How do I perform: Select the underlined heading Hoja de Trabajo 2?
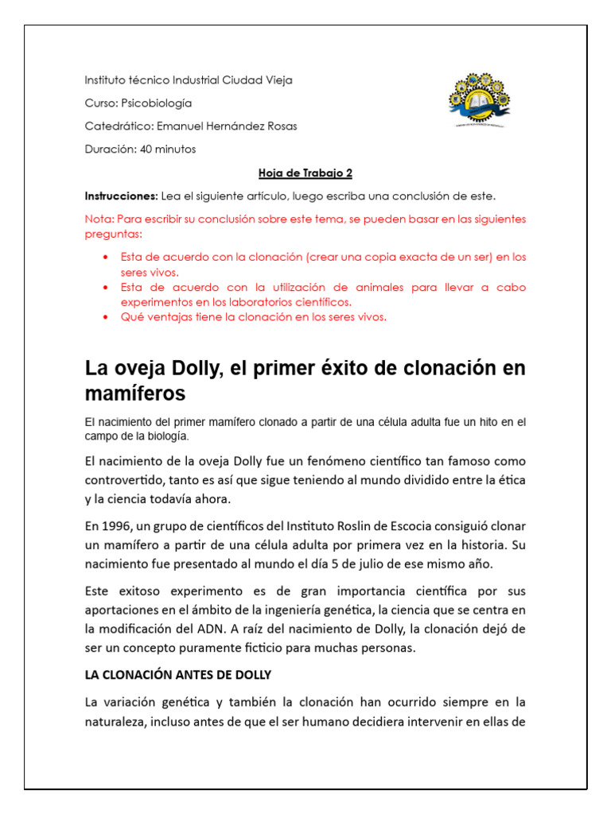pyautogui.click(x=305, y=172)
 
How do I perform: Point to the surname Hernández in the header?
pyautogui.click(x=236, y=126)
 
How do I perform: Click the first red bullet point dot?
pyautogui.click(x=106, y=258)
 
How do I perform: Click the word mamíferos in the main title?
pyautogui.click(x=135, y=393)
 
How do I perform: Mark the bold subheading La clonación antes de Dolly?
pyautogui.click(x=178, y=675)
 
